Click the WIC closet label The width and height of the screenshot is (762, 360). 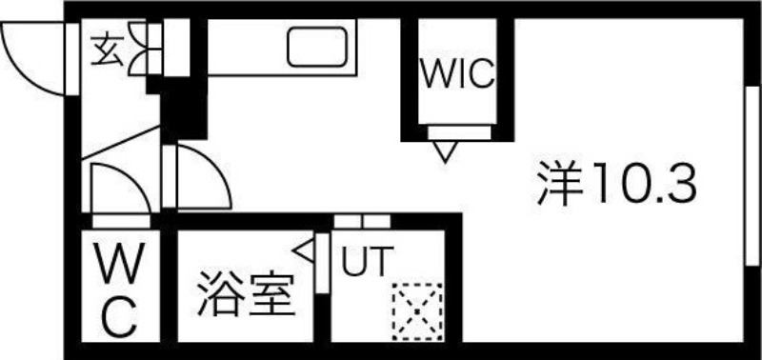point(459,74)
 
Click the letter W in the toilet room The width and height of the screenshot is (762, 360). point(118,260)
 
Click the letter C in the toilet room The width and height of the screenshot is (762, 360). point(119,317)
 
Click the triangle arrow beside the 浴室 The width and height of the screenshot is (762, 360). point(307,250)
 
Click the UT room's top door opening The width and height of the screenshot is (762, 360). point(362,222)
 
